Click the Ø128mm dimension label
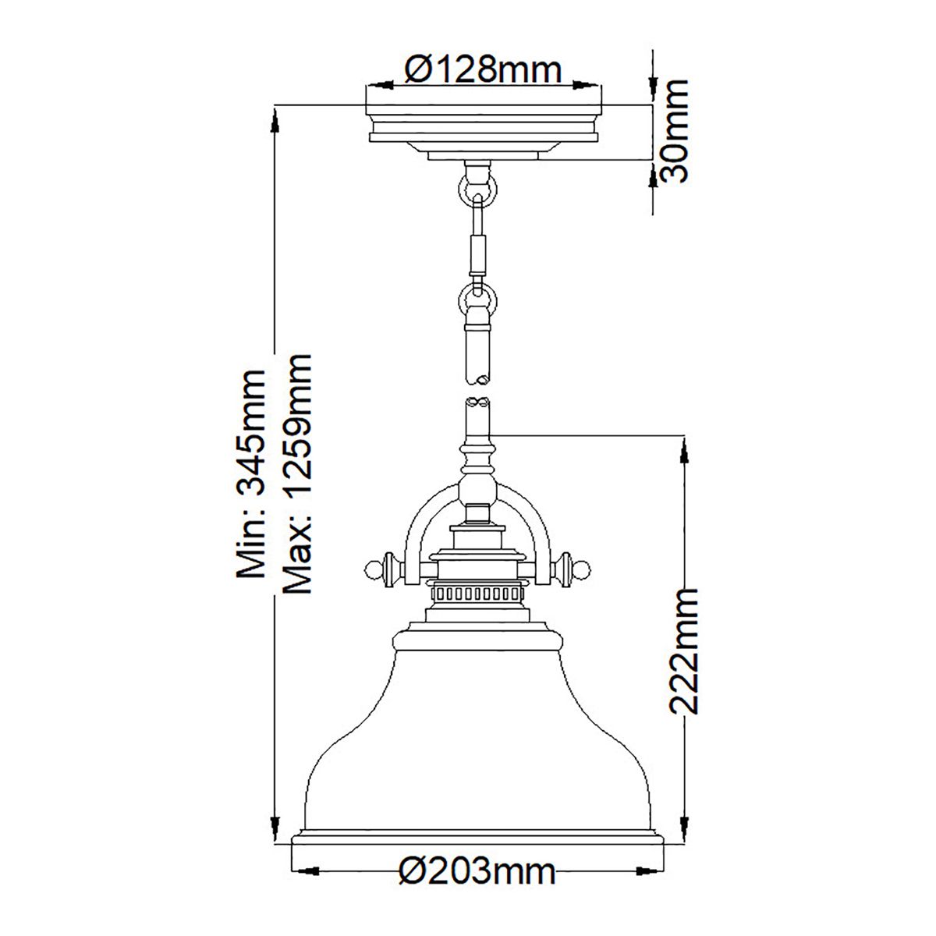pyautogui.click(x=484, y=71)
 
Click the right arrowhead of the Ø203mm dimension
pyautogui.click(x=652, y=870)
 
